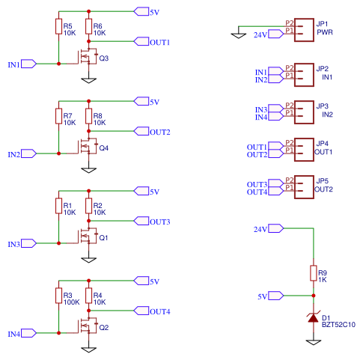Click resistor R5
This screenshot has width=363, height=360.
click(x=58, y=28)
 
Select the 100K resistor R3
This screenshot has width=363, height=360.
click(x=58, y=296)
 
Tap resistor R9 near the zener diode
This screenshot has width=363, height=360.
click(x=313, y=274)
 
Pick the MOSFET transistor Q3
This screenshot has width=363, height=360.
click(x=87, y=57)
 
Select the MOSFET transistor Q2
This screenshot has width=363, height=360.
click(x=87, y=326)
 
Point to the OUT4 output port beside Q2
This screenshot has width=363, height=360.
click(x=141, y=311)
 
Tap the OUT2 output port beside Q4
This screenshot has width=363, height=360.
click(x=141, y=131)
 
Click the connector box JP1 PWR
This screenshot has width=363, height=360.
click(x=302, y=28)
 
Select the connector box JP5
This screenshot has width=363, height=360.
click(x=302, y=185)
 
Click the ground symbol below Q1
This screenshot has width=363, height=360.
click(x=88, y=260)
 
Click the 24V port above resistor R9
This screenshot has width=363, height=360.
click(x=275, y=228)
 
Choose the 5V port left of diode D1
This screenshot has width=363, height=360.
click(x=275, y=296)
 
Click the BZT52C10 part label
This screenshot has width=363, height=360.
click(x=338, y=325)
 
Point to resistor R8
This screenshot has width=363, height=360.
click(x=88, y=117)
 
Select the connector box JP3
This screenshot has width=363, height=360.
click(x=302, y=112)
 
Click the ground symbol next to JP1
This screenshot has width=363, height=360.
click(x=238, y=33)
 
